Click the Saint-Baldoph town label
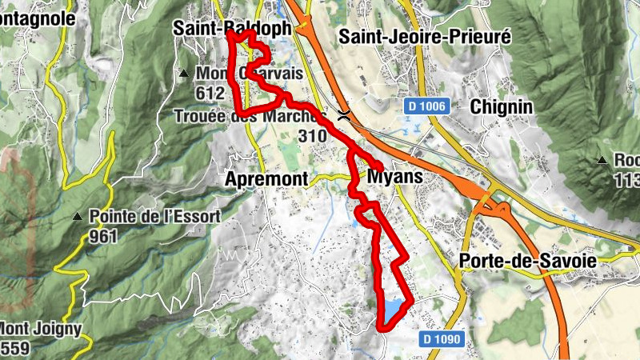coord(231,28)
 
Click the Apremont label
coord(267,179)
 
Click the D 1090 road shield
coord(442,339)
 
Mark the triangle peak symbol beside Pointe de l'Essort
coord(77,217)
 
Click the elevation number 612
coord(209,93)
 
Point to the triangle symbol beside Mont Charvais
coord(183,74)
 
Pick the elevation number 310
coord(311,136)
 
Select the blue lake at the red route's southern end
coord(394,310)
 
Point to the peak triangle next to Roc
coord(602,160)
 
